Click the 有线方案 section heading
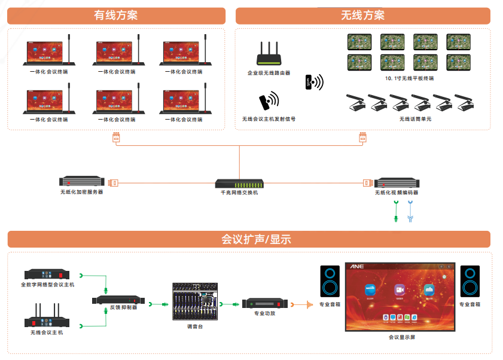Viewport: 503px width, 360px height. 116,16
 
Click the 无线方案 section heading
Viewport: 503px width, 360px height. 362,16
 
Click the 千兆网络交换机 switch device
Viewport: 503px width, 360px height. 239,182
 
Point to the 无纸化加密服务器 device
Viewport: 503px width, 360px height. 82,181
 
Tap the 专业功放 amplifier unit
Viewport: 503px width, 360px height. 264,303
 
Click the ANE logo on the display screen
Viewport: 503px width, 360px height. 358,266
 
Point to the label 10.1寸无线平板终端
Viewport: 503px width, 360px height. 410,78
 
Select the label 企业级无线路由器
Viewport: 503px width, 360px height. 269,72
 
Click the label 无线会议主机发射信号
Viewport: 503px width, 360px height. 269,119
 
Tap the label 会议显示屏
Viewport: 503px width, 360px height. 401,337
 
